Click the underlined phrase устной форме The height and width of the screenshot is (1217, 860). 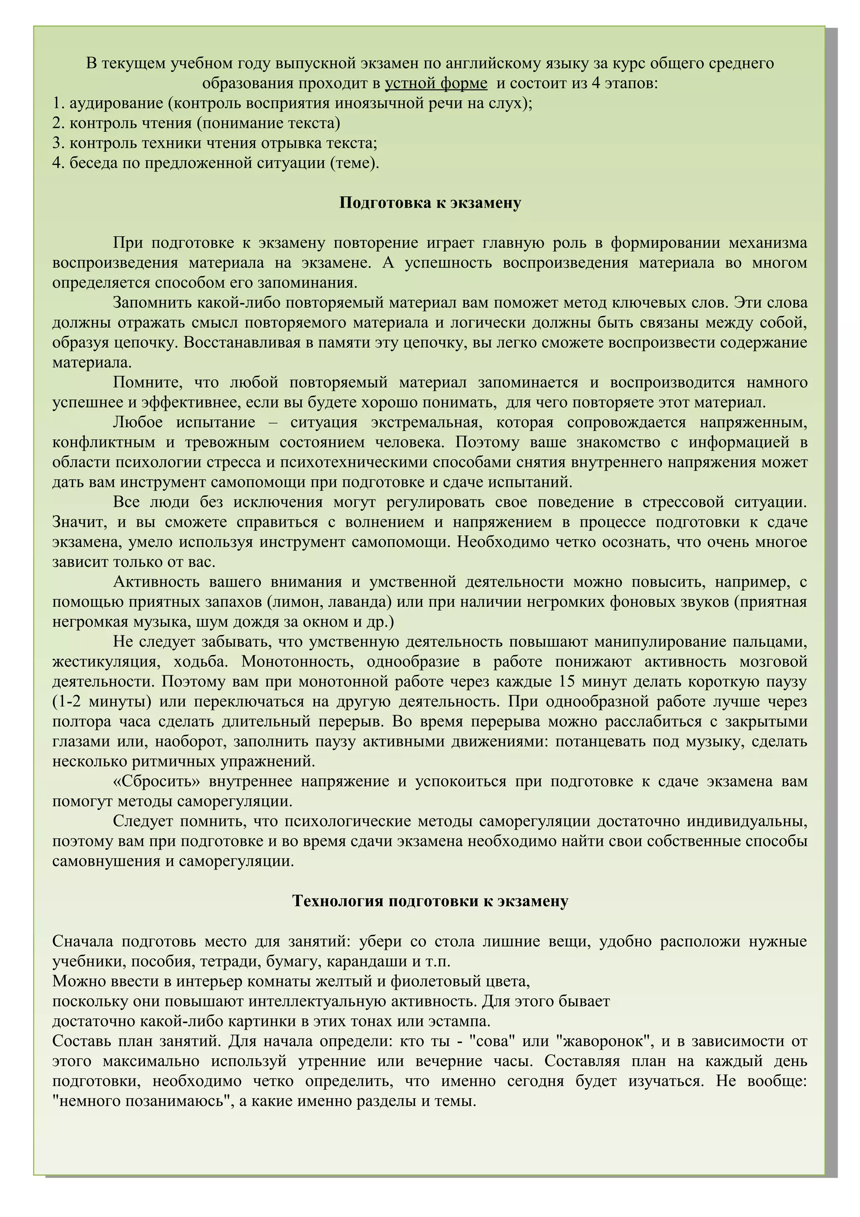click(435, 83)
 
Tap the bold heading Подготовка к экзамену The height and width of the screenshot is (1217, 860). click(430, 203)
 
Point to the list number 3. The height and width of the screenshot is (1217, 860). click(57, 143)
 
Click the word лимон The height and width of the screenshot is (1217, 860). click(297, 602)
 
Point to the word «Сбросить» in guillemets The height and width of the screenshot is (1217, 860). click(157, 781)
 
